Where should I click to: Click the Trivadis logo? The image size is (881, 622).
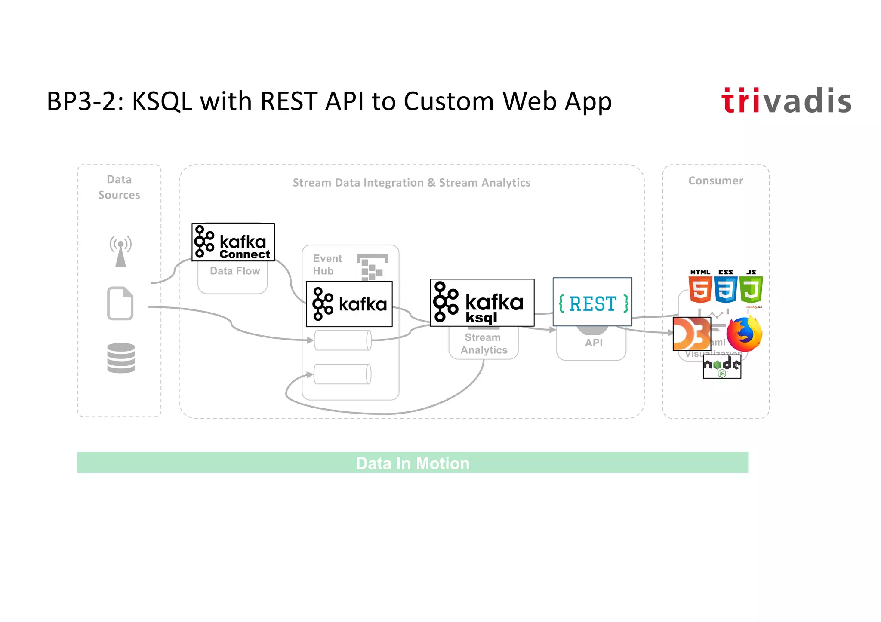point(786,101)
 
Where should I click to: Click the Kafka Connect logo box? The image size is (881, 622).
point(233,242)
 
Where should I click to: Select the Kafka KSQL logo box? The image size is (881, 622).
point(482,303)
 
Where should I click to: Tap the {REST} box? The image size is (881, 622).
point(592,302)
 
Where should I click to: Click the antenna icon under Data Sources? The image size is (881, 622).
point(120,251)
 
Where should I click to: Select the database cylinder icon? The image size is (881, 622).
point(121,358)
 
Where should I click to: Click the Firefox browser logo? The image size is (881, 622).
point(744,334)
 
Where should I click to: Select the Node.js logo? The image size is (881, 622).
point(722,367)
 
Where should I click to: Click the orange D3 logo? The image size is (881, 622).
point(691,334)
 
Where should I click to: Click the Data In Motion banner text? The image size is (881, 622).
point(413,463)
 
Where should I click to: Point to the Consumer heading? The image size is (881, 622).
point(715,181)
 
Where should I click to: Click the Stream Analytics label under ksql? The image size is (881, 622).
point(484,344)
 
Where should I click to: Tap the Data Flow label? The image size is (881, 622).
point(235,271)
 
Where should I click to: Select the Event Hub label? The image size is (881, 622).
point(327,264)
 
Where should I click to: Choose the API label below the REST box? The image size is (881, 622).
point(593,343)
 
